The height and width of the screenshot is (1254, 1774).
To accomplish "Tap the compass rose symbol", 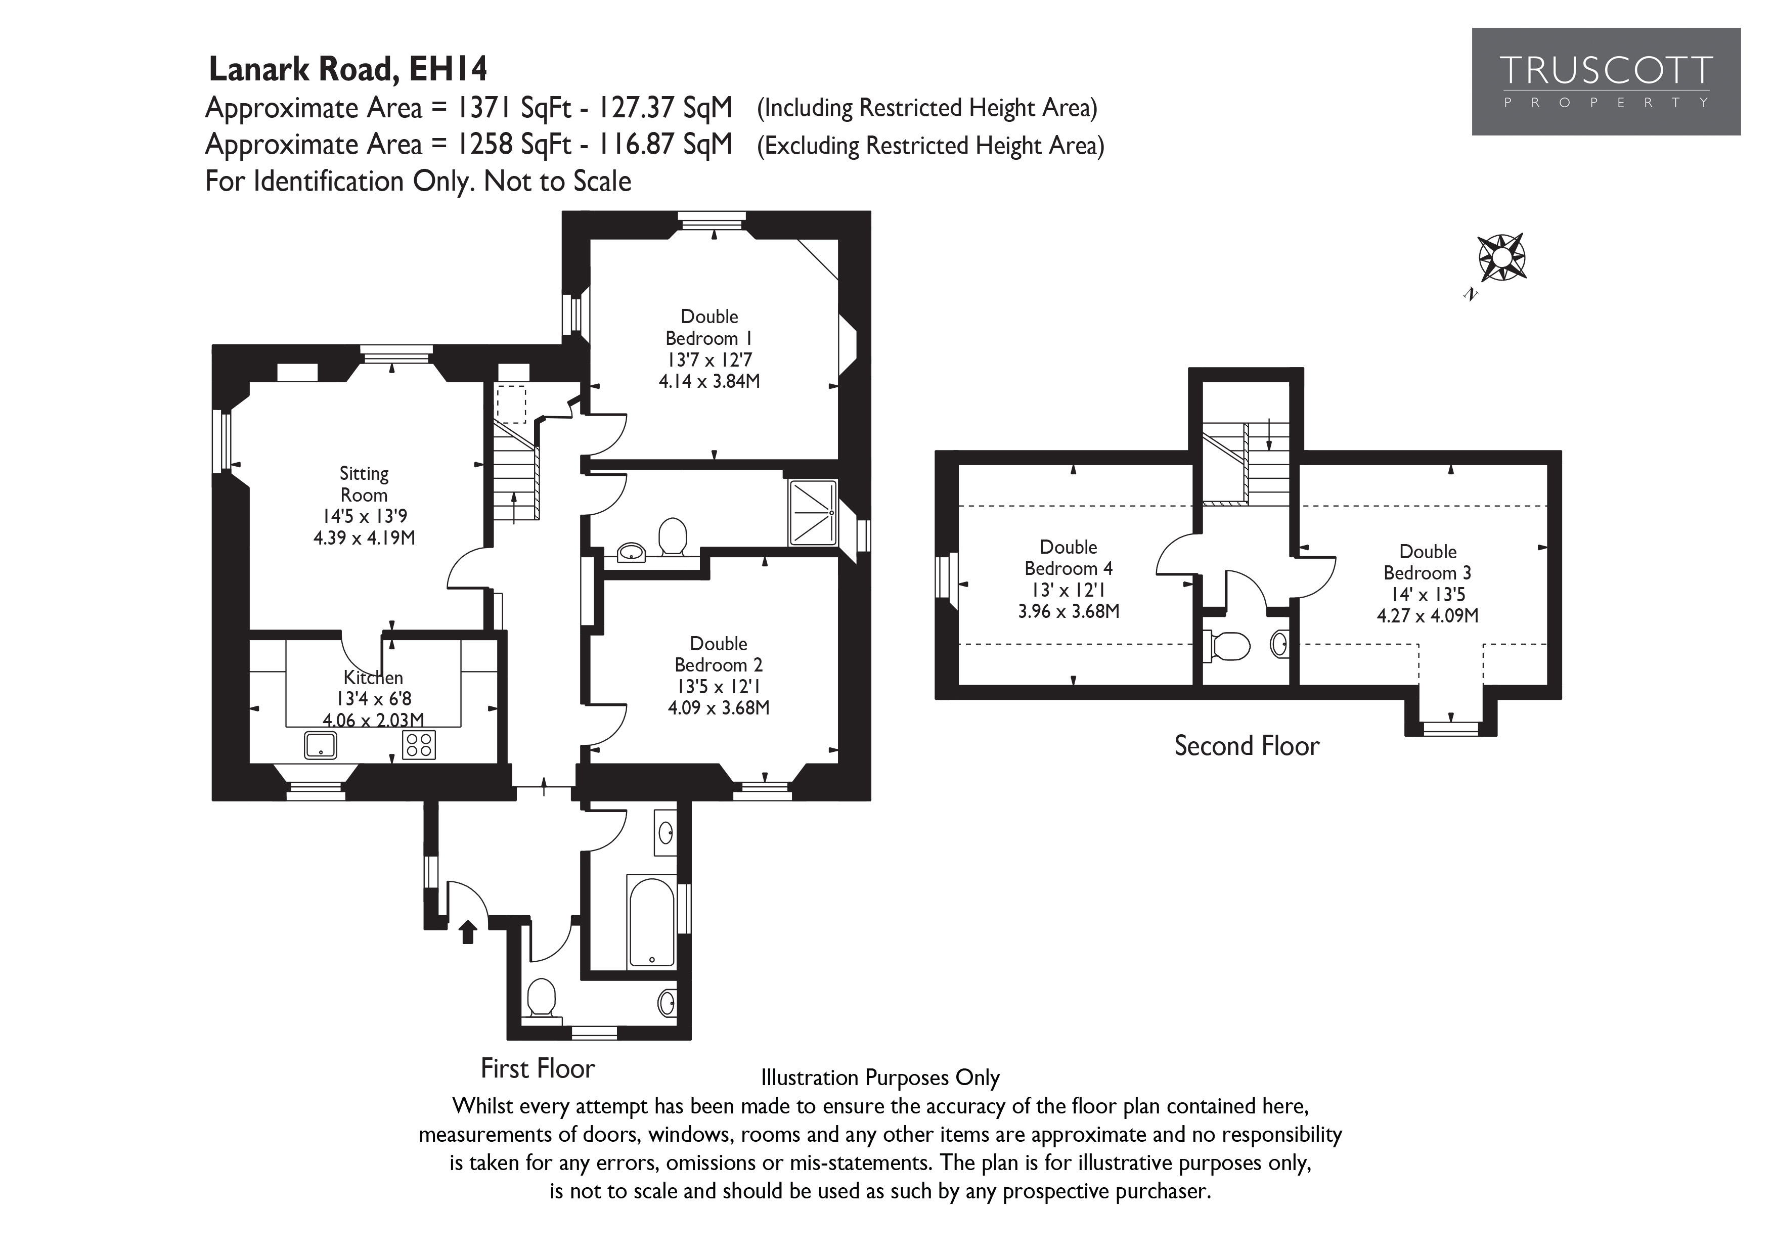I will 1501,257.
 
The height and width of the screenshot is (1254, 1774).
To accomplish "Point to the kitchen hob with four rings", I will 419,745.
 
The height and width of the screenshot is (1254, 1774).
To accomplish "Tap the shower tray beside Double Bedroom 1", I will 813,513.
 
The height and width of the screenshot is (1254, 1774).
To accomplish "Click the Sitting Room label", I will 364,484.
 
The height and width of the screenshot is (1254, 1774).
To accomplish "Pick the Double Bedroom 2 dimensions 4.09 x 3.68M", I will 719,708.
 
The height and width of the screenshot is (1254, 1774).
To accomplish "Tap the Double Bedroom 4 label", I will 1068,558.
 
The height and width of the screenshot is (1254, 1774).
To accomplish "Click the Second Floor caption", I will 1246,746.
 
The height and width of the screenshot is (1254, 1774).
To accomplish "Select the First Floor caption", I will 538,1068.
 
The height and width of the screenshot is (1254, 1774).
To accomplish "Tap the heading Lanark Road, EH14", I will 348,70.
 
